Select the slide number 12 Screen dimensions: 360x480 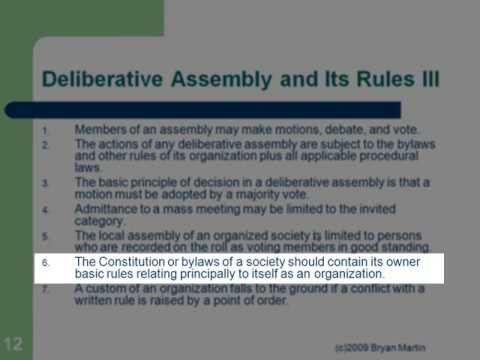pyautogui.click(x=13, y=343)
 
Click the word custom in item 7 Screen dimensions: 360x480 pyautogui.click(x=109, y=288)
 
